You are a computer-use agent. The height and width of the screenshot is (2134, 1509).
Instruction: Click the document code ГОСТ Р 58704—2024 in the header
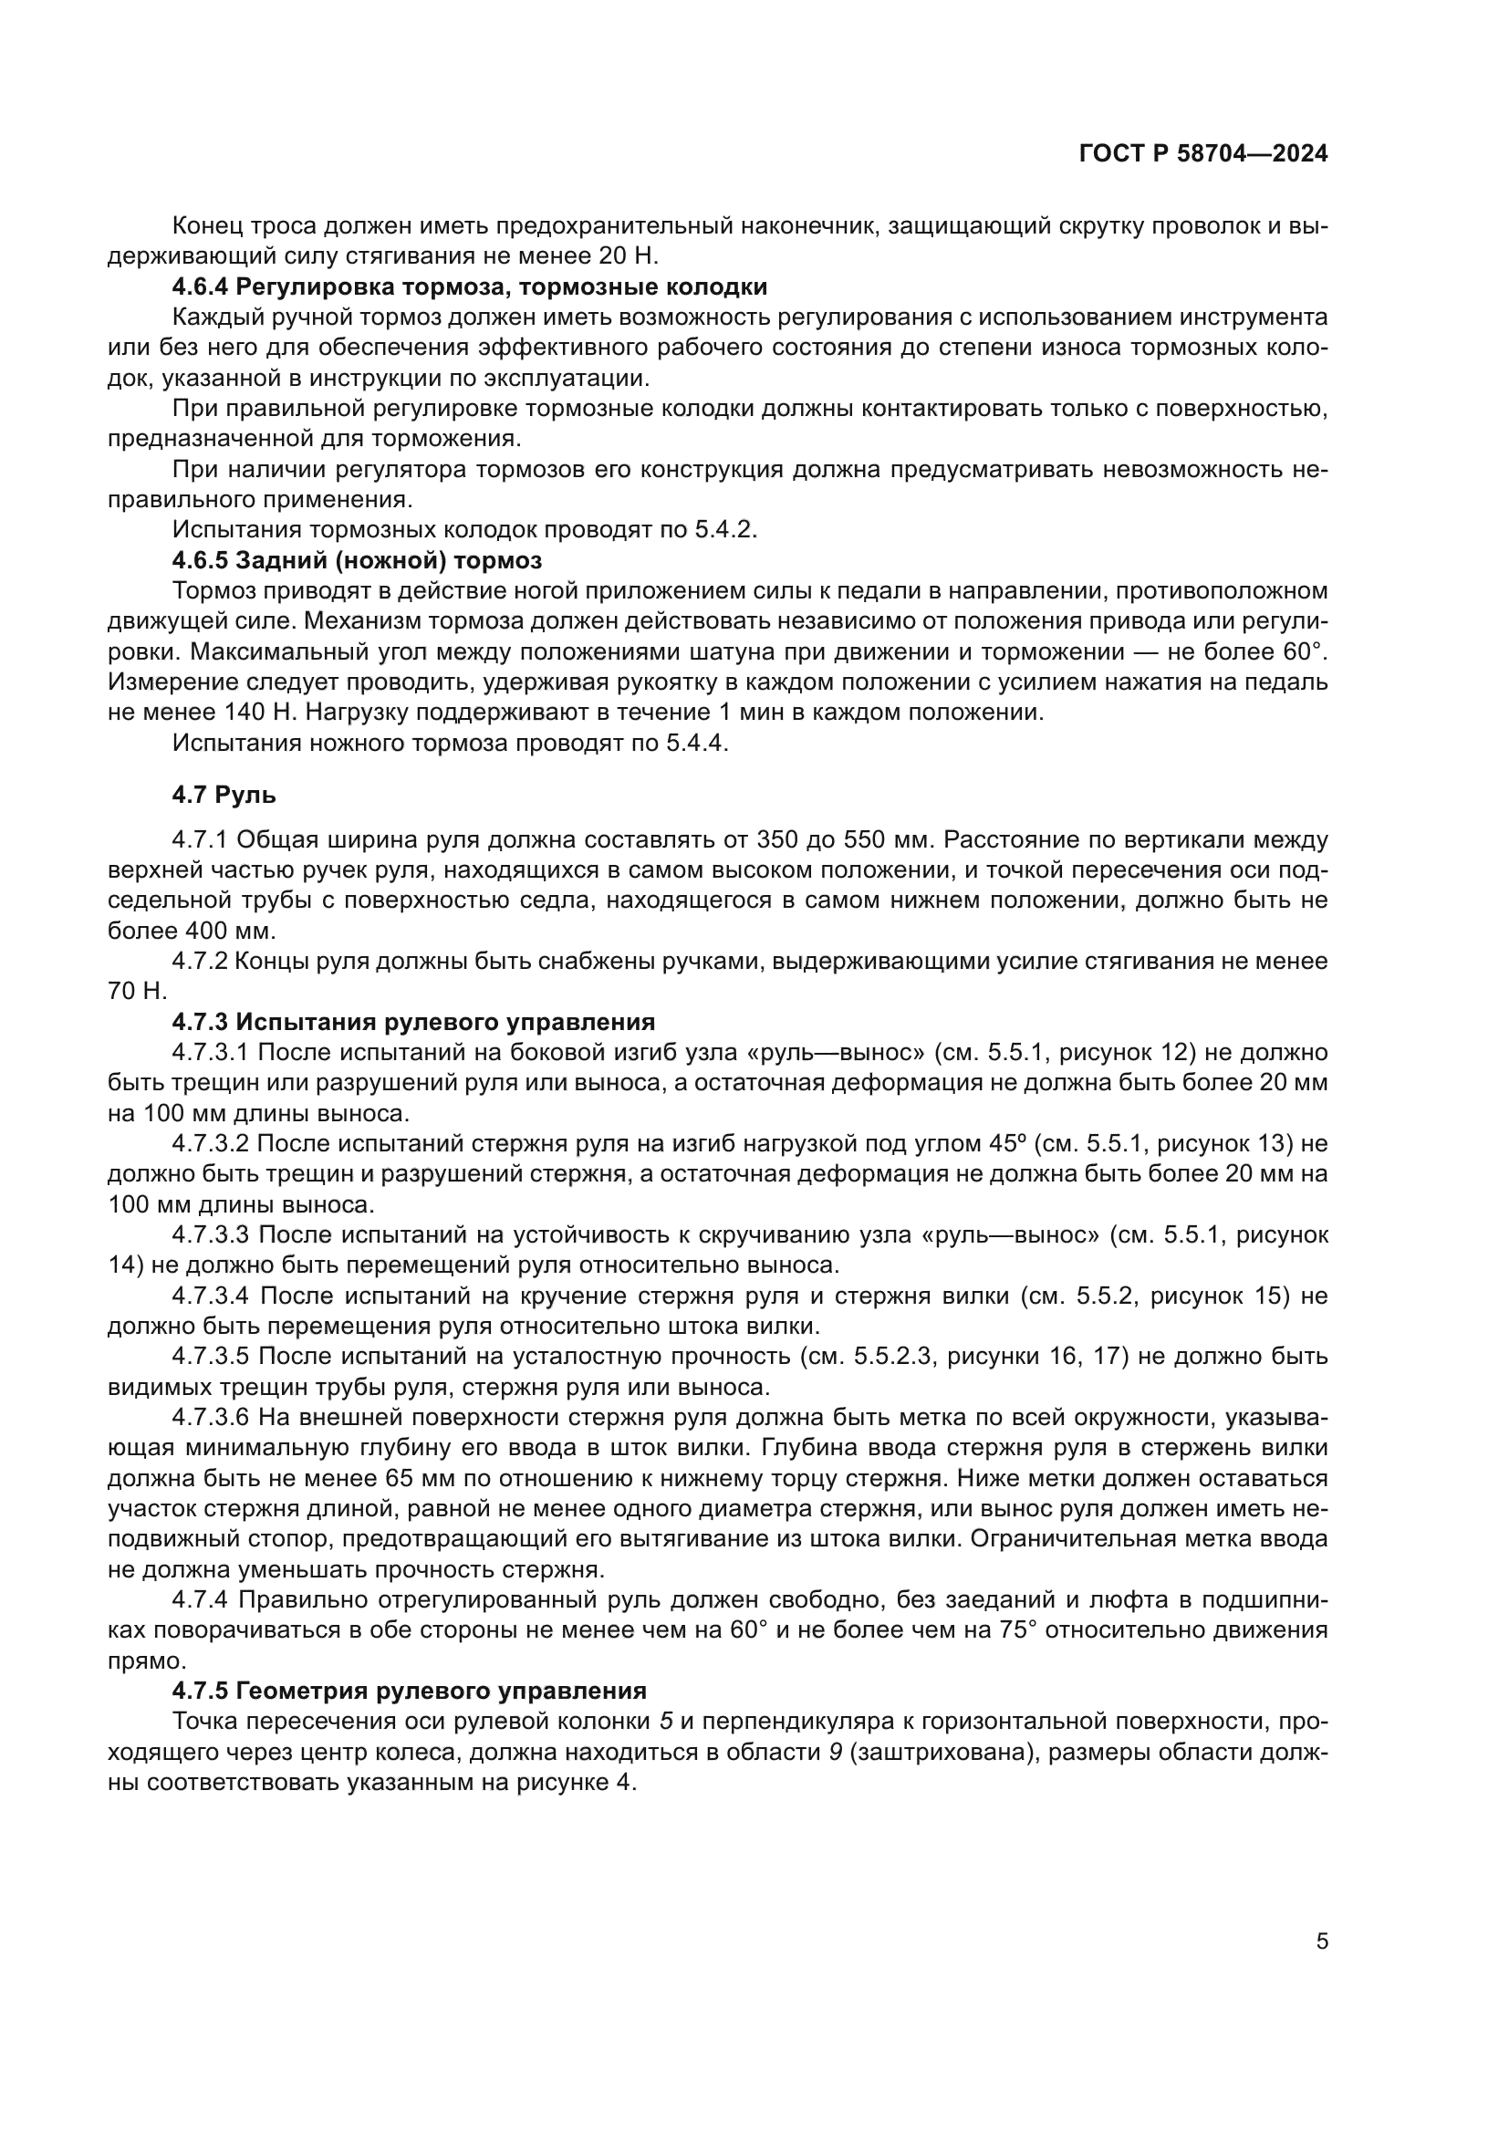click(x=1203, y=153)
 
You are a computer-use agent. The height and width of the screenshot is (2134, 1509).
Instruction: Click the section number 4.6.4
click(x=200, y=287)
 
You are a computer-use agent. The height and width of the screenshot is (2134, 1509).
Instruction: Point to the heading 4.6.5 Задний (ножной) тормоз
click(x=357, y=560)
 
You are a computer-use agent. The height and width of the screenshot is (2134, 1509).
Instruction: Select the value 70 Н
click(x=137, y=992)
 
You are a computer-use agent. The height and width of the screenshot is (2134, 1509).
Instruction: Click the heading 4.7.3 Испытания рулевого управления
click(x=413, y=1023)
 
